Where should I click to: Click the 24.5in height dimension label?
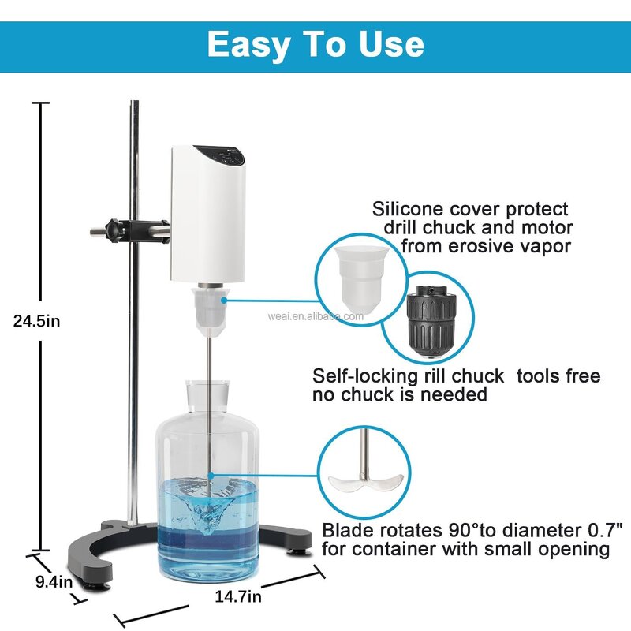pyautogui.click(x=35, y=320)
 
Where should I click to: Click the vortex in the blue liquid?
pyautogui.click(x=210, y=505)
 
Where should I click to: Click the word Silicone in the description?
pyautogui.click(x=410, y=209)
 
